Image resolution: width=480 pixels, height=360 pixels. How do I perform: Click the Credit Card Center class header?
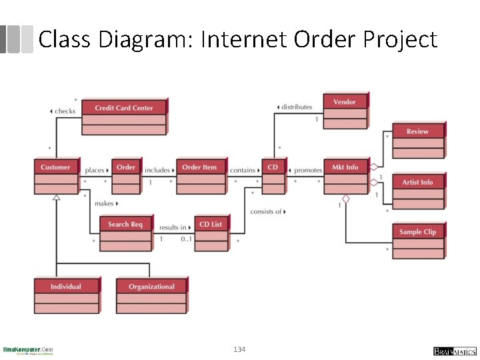(x=124, y=107)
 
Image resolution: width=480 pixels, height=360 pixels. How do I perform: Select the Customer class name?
(x=55, y=167)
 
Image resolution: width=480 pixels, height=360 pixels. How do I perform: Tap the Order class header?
(x=126, y=167)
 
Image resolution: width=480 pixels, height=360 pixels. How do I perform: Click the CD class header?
(x=273, y=167)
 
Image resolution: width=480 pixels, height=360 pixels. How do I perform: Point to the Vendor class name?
(x=345, y=101)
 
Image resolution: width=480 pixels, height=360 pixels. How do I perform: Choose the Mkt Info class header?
(x=345, y=167)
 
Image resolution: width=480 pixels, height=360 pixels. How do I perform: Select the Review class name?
(x=417, y=131)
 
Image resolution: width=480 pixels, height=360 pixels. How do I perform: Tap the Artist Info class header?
(x=417, y=182)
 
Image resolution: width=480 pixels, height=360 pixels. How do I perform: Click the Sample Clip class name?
(x=417, y=231)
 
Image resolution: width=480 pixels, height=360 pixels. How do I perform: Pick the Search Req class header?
(x=125, y=224)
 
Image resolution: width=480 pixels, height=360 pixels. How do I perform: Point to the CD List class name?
(x=211, y=224)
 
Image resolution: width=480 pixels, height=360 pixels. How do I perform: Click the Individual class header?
(x=66, y=286)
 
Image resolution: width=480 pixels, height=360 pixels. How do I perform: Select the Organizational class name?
(x=151, y=286)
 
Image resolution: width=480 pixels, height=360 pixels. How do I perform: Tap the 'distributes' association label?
(x=296, y=107)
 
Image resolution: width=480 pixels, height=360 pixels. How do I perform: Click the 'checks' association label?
(x=65, y=111)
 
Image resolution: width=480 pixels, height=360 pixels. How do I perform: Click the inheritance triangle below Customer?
(x=56, y=198)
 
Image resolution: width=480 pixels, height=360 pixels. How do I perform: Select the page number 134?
(x=239, y=349)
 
